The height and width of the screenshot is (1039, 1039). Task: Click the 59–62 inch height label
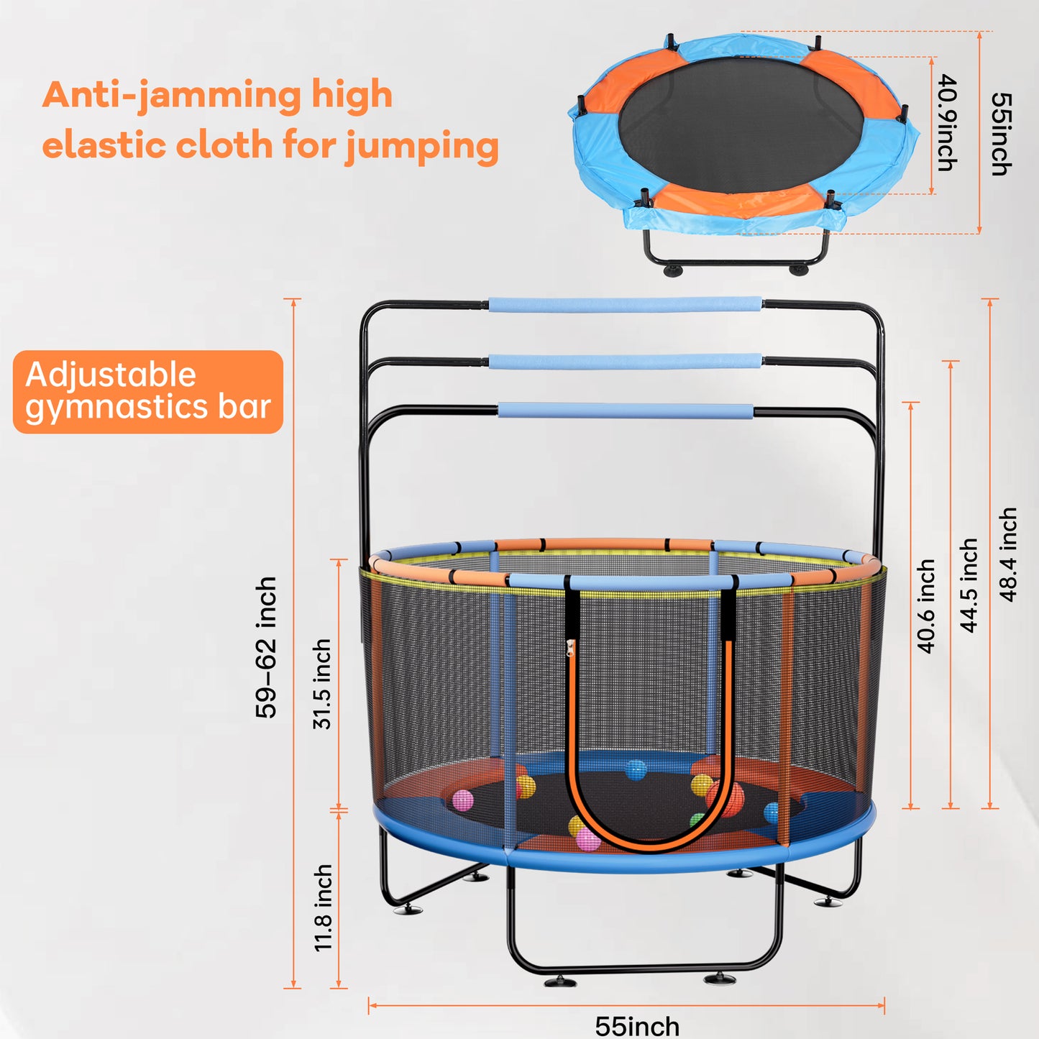pyautogui.click(x=266, y=646)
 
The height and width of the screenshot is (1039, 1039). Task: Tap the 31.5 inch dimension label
pyautogui.click(x=322, y=684)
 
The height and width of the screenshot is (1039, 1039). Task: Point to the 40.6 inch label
pyautogui.click(x=926, y=606)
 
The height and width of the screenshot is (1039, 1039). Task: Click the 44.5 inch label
pyautogui.click(x=969, y=585)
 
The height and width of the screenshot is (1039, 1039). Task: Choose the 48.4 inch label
pyautogui.click(x=1009, y=554)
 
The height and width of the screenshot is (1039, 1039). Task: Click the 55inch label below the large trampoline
pyautogui.click(x=637, y=1025)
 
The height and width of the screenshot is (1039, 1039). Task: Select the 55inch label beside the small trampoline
pyautogui.click(x=1001, y=134)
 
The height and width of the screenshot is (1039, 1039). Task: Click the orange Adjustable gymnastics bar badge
pyautogui.click(x=148, y=392)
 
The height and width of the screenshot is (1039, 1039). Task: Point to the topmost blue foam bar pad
pyautogui.click(x=625, y=304)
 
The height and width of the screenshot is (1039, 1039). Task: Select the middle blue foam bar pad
pyautogui.click(x=625, y=361)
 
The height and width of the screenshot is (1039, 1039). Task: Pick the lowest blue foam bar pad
pyautogui.click(x=625, y=411)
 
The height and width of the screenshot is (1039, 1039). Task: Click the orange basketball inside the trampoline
pyautogui.click(x=725, y=798)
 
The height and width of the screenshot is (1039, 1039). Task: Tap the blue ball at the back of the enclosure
pyautogui.click(x=636, y=769)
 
